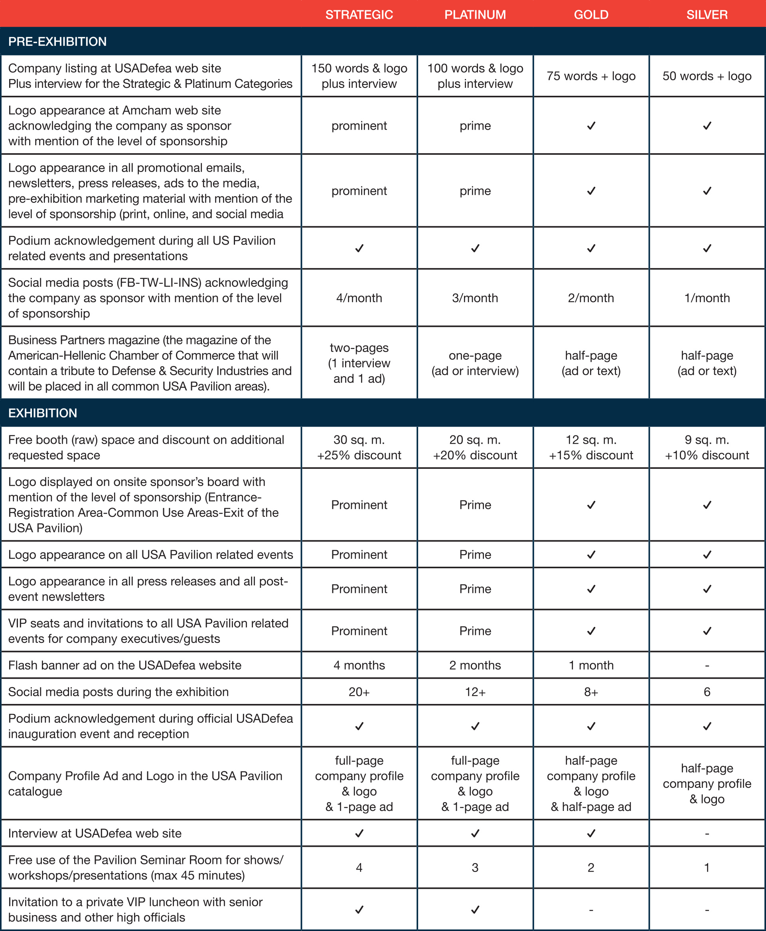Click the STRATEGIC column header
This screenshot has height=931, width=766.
pos(359,14)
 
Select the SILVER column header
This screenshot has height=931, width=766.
pos(707,14)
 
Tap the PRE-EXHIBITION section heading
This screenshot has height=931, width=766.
pos(57,42)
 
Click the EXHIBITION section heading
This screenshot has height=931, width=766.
pos(42,413)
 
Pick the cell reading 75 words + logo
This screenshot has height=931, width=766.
pos(591,76)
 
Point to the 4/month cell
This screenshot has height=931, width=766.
pos(359,298)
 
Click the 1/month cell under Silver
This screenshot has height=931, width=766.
pos(707,298)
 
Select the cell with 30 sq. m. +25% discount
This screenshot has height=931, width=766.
pos(359,447)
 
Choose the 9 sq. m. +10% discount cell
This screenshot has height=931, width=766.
pos(707,447)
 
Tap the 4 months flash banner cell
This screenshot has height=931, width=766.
pos(359,665)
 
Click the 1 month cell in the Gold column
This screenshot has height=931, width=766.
pos(591,665)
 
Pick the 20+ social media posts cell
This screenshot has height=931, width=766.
pos(359,692)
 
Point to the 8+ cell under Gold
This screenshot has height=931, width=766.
pos(591,692)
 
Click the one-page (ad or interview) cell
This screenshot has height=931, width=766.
pos(475,363)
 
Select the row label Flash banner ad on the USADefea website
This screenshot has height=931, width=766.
pos(125,665)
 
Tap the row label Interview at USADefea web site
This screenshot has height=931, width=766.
pos(95,833)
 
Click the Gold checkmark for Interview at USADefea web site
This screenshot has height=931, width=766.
pos(591,833)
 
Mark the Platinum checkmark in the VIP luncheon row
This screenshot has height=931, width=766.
pos(475,909)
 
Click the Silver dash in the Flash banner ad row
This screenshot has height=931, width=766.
pos(707,665)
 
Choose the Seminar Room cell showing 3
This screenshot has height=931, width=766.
pos(475,868)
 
